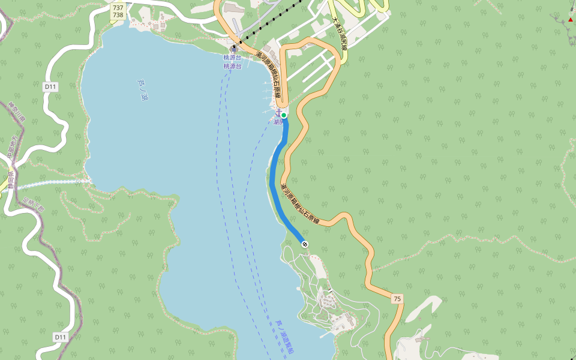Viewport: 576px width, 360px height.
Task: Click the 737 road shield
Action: pyautogui.click(x=118, y=7)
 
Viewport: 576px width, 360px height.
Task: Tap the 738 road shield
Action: pyautogui.click(x=118, y=15)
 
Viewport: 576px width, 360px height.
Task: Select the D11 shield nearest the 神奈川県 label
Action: pyautogui.click(x=50, y=86)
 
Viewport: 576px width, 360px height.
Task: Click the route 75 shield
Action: pyautogui.click(x=397, y=298)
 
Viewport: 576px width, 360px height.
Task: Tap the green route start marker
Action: pyautogui.click(x=284, y=115)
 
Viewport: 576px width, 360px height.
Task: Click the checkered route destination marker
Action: pyautogui.click(x=305, y=244)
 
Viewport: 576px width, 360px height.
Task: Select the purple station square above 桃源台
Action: pyautogui.click(x=233, y=49)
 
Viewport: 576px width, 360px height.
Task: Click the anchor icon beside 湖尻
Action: pyautogui.click(x=278, y=112)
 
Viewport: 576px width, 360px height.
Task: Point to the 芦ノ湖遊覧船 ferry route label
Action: pyautogui.click(x=284, y=337)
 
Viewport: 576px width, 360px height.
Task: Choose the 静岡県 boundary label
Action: pyautogui.click(x=10, y=179)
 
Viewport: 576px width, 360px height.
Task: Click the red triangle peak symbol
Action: pyautogui.click(x=570, y=19)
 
